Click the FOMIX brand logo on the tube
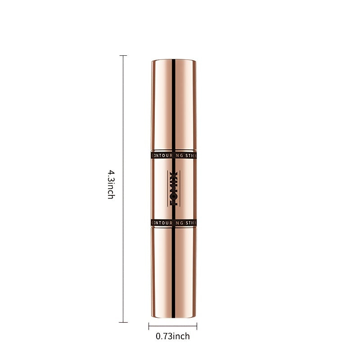pos(173,188)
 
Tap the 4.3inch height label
pos(111,184)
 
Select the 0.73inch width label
pos(173,336)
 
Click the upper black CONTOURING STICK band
pos(173,155)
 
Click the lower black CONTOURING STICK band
pos(173,222)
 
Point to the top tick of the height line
pos(123,56)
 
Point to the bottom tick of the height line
pos(123,322)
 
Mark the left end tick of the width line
pos(149,327)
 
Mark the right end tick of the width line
pos(197,327)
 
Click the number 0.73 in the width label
pos(164,336)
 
